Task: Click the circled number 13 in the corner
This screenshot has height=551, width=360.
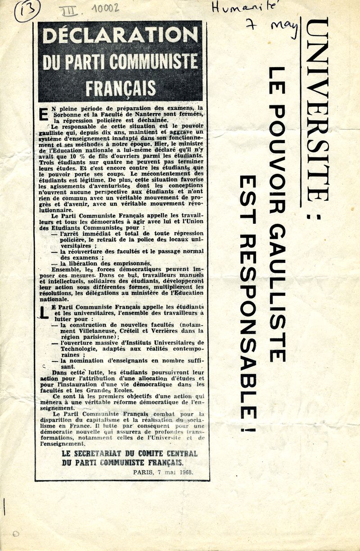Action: pyautogui.click(x=27, y=10)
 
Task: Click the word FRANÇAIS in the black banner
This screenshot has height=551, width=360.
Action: pyautogui.click(x=120, y=87)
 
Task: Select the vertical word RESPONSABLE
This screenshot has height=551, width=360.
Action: pyautogui.click(x=248, y=324)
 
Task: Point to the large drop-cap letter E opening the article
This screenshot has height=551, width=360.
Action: pyautogui.click(x=44, y=115)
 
